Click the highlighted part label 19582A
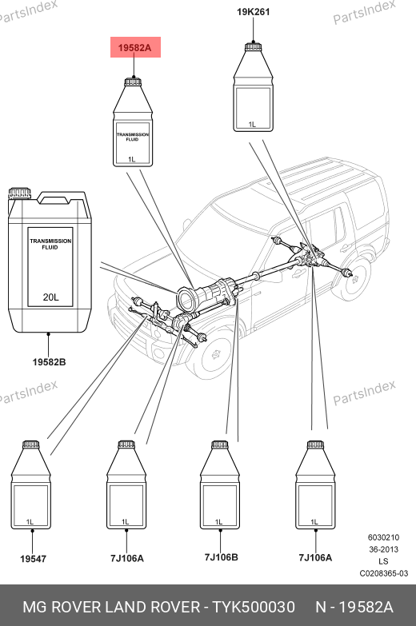coord(135,48)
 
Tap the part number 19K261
coord(254,12)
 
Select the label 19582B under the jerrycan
coord(49,362)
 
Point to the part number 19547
coord(33,559)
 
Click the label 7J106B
coord(221,557)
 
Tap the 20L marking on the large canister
coord(50,297)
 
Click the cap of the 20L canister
coord(19,193)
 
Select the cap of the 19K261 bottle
coord(254,46)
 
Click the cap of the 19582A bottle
coord(133,81)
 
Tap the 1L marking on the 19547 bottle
coord(30,522)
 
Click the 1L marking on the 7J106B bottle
coord(218,522)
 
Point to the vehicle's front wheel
coord(214,354)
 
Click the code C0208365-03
coord(384,573)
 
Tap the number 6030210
coord(384,537)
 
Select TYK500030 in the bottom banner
coord(254,607)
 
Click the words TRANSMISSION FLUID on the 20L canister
coord(50,244)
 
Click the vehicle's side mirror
coord(186,224)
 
